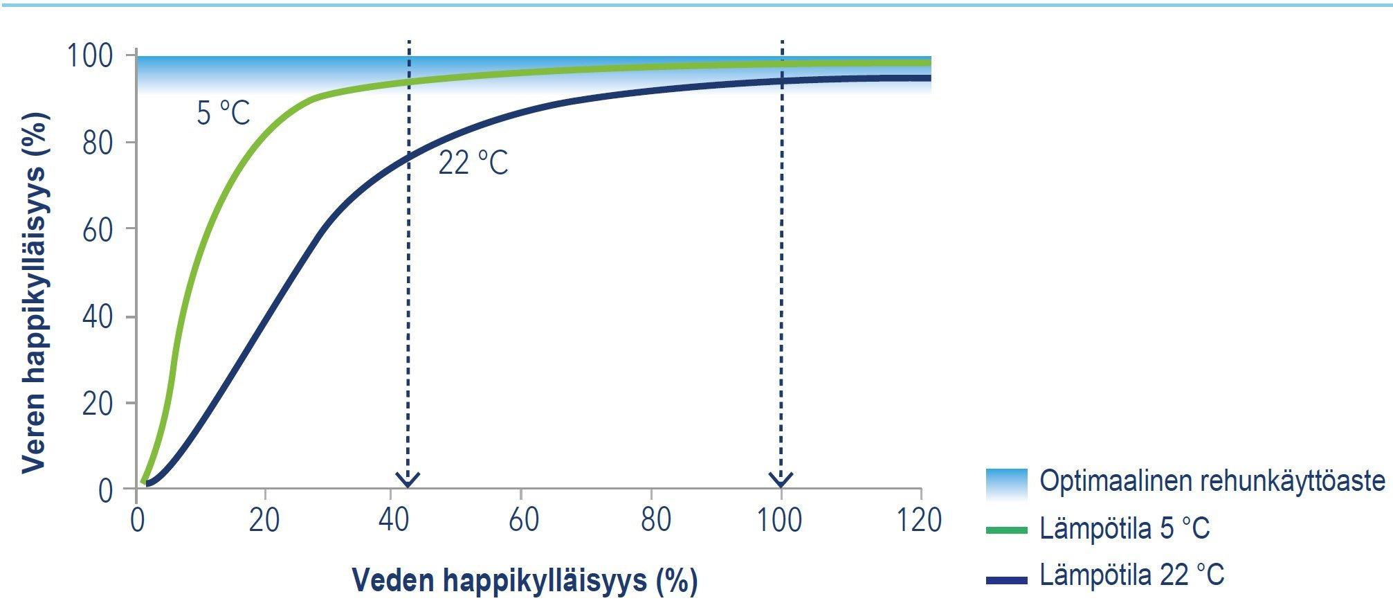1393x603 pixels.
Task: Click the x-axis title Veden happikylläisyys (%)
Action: click(x=525, y=580)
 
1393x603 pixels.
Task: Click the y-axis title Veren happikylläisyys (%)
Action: click(x=35, y=294)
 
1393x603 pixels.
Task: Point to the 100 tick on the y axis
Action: click(x=89, y=55)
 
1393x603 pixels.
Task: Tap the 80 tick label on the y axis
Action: click(x=98, y=143)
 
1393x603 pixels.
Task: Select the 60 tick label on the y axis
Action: click(x=98, y=230)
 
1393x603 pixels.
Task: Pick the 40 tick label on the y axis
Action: click(x=98, y=316)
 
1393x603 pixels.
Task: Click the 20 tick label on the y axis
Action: click(x=98, y=404)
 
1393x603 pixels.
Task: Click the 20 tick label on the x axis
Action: click(x=264, y=520)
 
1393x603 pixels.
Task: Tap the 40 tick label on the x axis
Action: click(x=394, y=520)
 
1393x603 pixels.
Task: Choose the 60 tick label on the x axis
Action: click(x=523, y=520)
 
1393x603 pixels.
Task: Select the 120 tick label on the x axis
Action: click(x=919, y=520)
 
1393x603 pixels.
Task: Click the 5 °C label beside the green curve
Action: click(x=223, y=113)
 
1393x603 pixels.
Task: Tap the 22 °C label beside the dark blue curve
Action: click(x=473, y=163)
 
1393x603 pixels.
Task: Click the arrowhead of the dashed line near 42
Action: click(x=408, y=480)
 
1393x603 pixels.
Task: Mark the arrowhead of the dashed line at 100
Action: click(x=781, y=480)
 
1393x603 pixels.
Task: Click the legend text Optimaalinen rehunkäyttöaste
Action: click(x=1212, y=480)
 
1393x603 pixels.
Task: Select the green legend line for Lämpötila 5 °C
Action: click(x=1007, y=530)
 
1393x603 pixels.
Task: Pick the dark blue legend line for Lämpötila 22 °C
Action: click(x=1007, y=580)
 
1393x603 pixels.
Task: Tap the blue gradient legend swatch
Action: click(x=1007, y=483)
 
